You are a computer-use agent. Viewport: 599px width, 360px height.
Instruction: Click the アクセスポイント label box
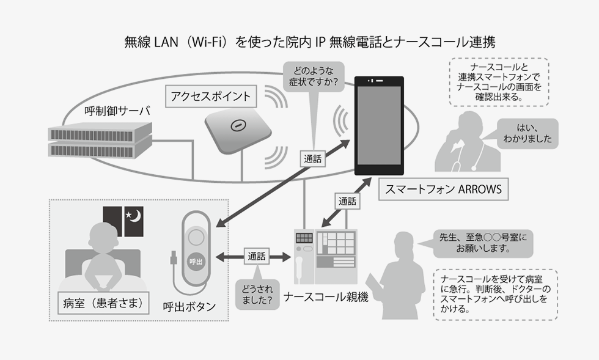click(211, 97)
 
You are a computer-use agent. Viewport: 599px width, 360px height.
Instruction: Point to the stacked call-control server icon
click(100, 139)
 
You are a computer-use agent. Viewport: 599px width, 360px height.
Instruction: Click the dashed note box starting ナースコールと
click(499, 80)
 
